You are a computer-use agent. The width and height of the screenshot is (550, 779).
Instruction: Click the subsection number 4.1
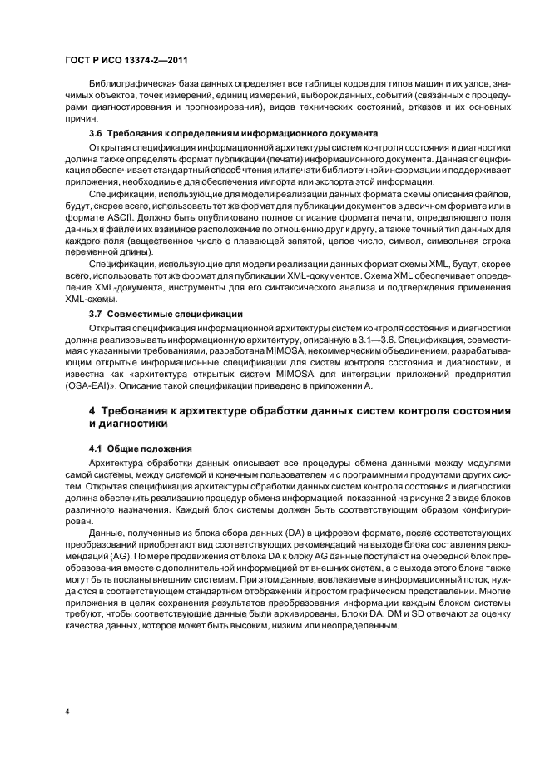point(97,448)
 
